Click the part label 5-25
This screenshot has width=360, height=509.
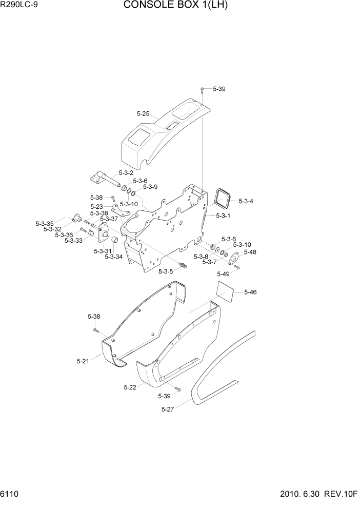coord(143,114)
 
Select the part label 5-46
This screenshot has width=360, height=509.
coord(250,292)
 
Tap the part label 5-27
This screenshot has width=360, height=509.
coord(168,409)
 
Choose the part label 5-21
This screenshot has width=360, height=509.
coord(83,361)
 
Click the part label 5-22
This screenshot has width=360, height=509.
coord(130,387)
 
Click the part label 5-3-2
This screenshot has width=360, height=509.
coord(126,173)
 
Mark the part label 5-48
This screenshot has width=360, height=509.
coord(250,252)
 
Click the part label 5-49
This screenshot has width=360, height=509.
coord(224,273)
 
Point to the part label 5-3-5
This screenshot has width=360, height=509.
coord(166,271)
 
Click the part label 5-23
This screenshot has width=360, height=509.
coord(97,207)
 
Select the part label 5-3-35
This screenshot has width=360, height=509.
coord(45,224)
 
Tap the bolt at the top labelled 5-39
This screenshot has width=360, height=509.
coord(203,90)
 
